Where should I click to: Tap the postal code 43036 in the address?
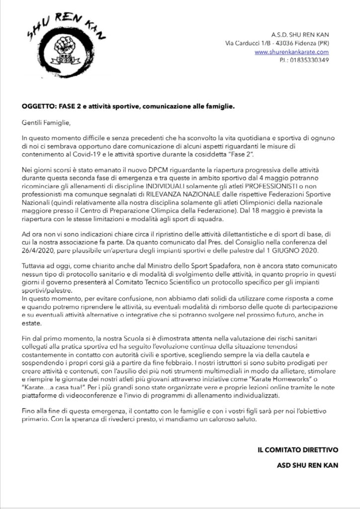(x=293, y=43)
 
